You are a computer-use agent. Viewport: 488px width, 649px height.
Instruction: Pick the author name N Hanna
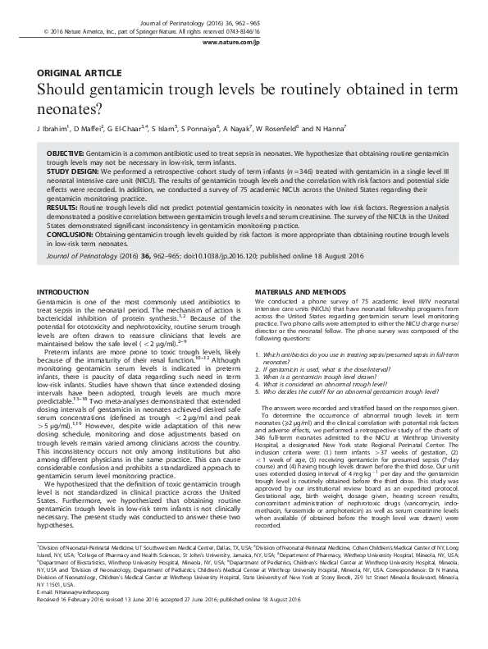331,129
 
